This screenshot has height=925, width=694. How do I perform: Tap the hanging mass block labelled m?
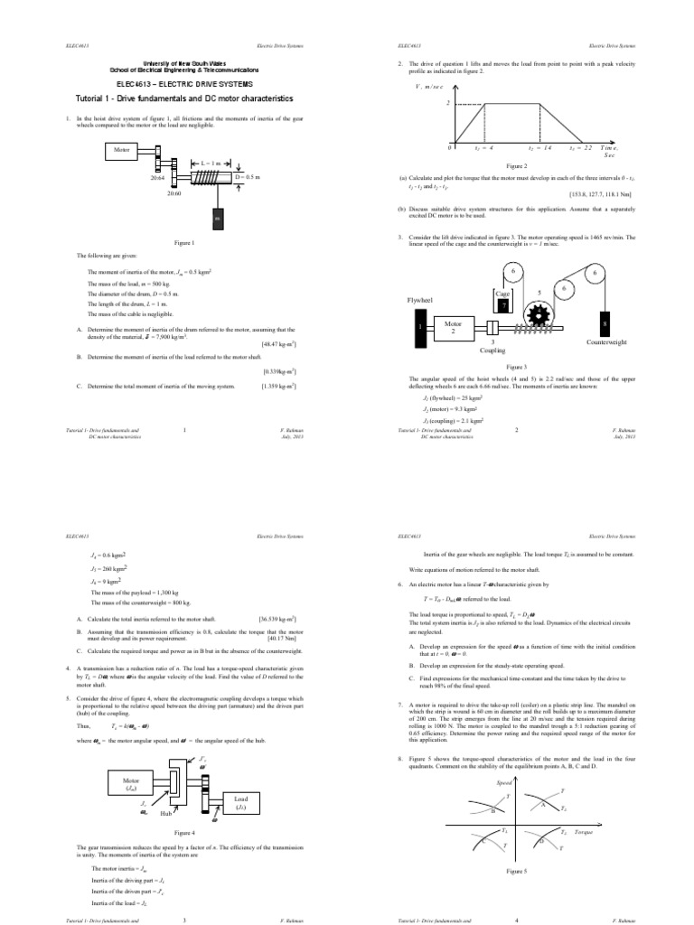[x=217, y=220]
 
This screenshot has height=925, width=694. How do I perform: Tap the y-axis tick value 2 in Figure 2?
[x=447, y=103]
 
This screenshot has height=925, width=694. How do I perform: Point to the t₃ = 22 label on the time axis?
[x=579, y=147]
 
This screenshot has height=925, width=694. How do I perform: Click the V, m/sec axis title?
[x=432, y=87]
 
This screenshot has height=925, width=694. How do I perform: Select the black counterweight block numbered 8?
[x=604, y=323]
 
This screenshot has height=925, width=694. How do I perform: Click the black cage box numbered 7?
[x=504, y=306]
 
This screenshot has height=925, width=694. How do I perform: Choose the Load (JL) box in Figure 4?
[x=240, y=803]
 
